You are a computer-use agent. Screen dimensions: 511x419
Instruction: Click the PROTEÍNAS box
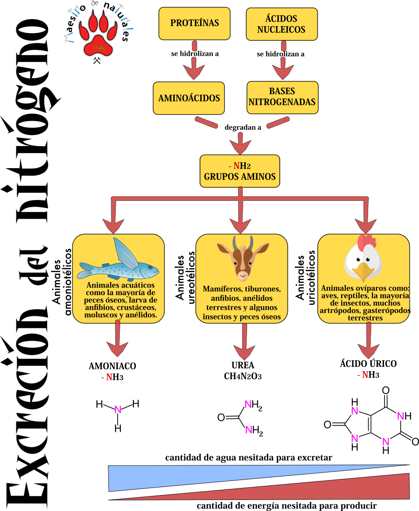click(194, 23)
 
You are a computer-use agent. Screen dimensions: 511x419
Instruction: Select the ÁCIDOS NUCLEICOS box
click(282, 24)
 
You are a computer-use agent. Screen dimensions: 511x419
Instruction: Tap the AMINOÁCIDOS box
click(189, 98)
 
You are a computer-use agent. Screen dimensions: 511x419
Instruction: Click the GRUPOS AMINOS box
click(240, 171)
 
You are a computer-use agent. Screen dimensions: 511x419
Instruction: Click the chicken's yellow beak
click(364, 271)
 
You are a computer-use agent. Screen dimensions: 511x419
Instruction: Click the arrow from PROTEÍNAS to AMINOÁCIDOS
click(194, 62)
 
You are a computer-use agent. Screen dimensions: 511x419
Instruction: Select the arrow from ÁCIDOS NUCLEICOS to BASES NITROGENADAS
click(283, 62)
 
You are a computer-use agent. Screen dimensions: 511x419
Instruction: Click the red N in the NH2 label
click(236, 166)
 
